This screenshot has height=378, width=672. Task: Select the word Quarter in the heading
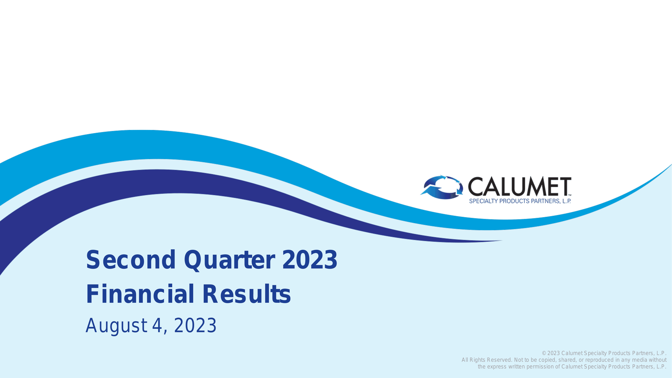click(x=230, y=261)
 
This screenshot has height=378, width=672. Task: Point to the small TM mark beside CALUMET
click(x=570, y=195)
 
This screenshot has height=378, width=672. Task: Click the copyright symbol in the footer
click(x=544, y=353)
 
